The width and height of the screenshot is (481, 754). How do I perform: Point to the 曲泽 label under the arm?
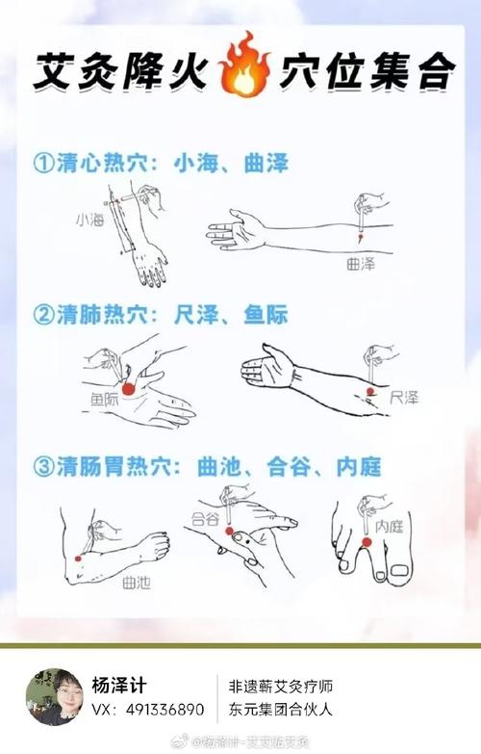pyautogui.click(x=360, y=263)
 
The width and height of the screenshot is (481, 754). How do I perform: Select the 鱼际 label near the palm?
pyautogui.click(x=105, y=396)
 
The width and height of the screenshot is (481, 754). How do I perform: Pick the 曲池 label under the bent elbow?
pyautogui.click(x=135, y=582)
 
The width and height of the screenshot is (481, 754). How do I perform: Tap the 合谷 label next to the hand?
pyautogui.click(x=206, y=518)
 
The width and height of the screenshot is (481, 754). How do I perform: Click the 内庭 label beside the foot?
pyautogui.click(x=389, y=526)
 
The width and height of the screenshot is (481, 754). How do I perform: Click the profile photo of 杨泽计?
pyautogui.click(x=54, y=696)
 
